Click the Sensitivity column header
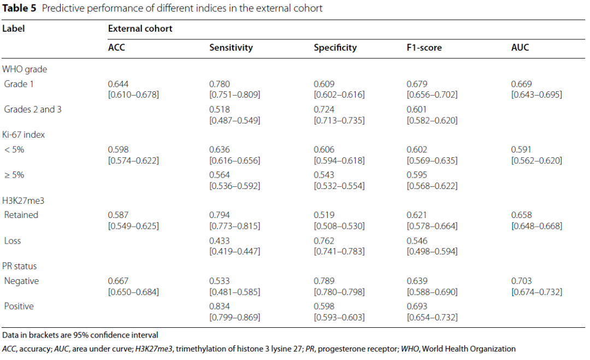coord(231,48)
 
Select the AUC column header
coord(520,48)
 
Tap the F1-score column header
coord(424,48)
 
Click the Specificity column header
coord(335,48)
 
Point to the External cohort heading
coord(140,28)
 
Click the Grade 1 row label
coord(19,84)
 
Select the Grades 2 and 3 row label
coord(33,109)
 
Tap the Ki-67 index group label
coord(23,135)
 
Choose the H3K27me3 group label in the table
coord(23,200)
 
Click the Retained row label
coord(21,215)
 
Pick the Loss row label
coord(13,241)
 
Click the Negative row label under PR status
coord(21,281)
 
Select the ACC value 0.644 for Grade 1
coord(118,84)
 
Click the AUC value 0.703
coord(521,281)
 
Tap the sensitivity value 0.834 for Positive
coord(220,306)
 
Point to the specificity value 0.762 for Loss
coord(324,241)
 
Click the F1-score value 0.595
coord(417,175)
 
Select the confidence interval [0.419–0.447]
coord(234,251)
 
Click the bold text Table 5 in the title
coord(19,8)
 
